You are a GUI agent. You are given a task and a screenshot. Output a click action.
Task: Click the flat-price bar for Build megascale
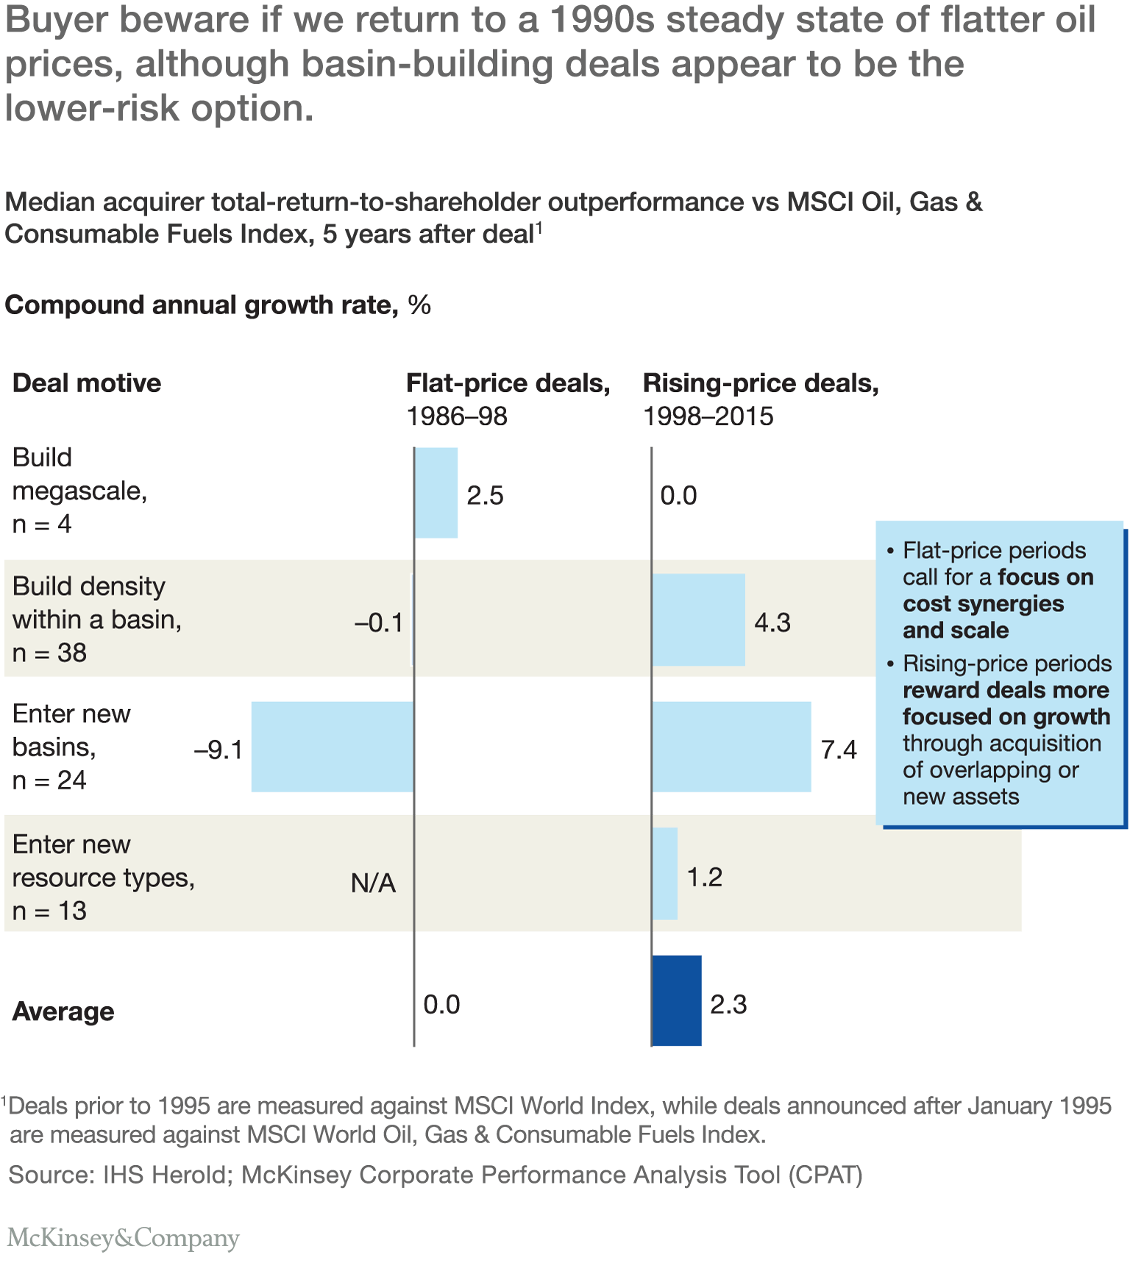436,493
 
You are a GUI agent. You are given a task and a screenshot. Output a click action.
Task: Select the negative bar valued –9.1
333,747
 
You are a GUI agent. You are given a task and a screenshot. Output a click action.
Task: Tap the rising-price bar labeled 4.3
699,620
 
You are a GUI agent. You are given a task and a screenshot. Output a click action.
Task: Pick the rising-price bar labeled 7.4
732,747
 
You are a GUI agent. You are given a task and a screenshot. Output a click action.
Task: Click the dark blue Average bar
677,1000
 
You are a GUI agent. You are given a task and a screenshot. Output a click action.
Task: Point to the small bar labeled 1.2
665,874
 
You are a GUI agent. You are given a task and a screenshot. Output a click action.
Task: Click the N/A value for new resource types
374,883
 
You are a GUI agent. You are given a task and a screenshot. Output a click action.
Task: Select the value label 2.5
486,496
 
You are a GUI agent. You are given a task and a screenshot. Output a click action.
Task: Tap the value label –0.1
379,624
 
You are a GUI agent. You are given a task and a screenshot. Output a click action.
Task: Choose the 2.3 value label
728,1005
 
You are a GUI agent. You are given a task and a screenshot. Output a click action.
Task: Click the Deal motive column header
87,383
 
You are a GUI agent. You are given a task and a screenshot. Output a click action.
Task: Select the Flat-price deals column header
508,383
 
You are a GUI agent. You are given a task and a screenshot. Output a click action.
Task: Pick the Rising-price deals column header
761,383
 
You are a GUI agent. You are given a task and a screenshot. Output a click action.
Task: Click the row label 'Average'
63,1012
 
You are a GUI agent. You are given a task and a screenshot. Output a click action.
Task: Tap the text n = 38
49,652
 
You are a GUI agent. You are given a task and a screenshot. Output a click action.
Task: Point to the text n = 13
49,911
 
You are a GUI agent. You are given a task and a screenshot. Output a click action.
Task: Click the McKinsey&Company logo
123,1238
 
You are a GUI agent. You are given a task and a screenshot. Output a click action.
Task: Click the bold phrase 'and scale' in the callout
956,630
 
